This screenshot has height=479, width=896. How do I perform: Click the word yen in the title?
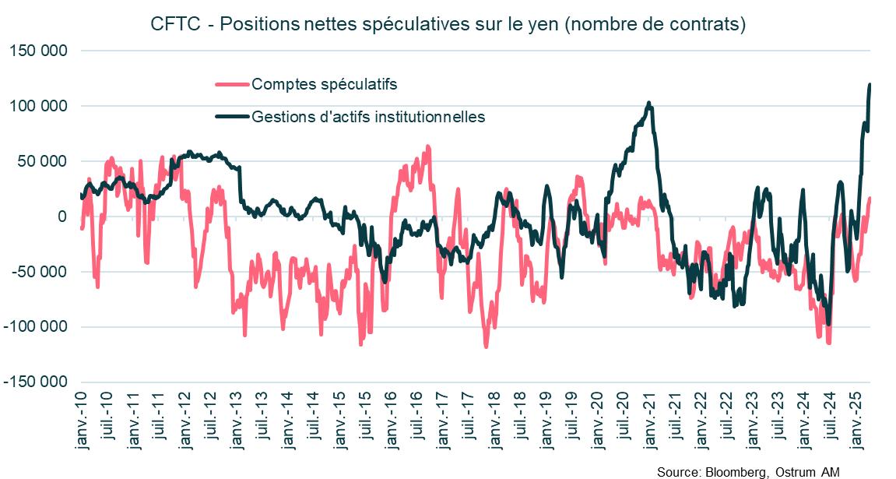[x=539, y=24]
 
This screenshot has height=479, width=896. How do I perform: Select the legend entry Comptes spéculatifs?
[x=325, y=84]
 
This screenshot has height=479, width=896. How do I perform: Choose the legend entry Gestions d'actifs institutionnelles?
[x=368, y=117]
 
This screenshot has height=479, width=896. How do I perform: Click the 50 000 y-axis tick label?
[x=43, y=161]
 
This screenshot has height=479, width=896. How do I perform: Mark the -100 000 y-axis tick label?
[x=37, y=327]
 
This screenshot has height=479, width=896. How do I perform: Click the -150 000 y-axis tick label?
[x=37, y=382]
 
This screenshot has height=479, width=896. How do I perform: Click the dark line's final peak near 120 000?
[x=870, y=84]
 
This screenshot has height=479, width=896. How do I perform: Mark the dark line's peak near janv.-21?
[x=649, y=102]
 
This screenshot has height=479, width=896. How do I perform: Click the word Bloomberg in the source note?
[x=735, y=472]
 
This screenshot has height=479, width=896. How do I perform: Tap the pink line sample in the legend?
[x=232, y=84]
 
